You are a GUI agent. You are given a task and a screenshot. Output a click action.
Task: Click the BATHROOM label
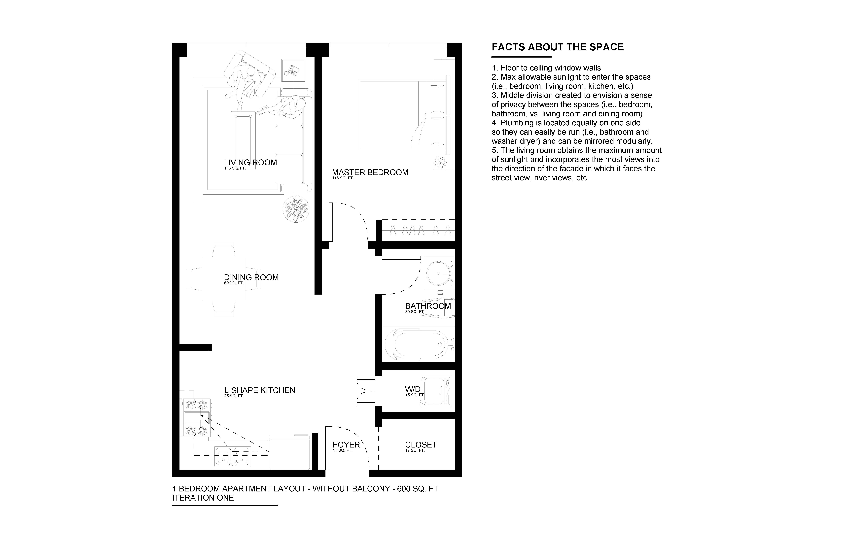click(x=428, y=306)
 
